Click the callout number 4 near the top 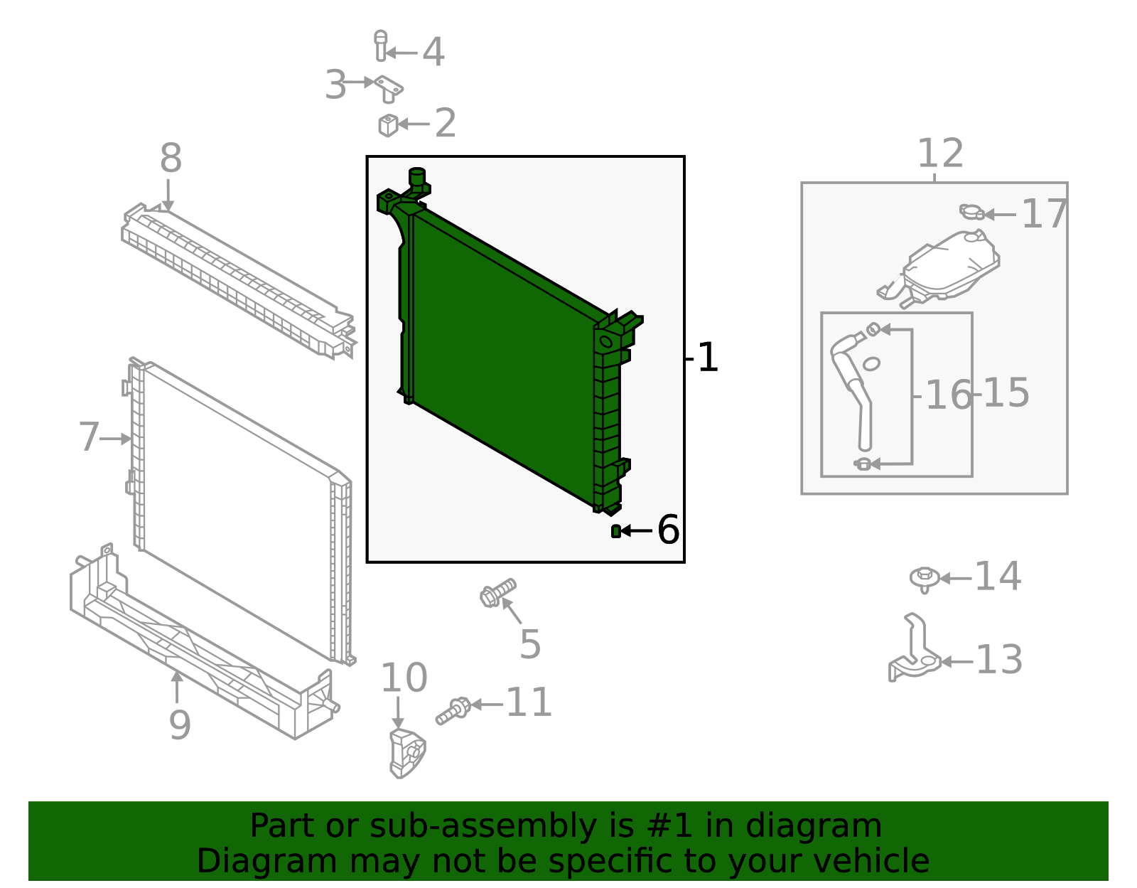pos(433,53)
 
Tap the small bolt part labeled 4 pos(381,46)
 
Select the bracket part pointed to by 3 pos(389,89)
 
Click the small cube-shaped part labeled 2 pos(387,125)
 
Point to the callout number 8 pos(171,159)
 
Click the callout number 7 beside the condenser pos(89,437)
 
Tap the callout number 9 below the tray pos(180,725)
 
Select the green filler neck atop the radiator pos(416,178)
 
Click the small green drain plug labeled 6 pos(615,531)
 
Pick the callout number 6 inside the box pos(668,530)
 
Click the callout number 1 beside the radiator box pos(708,358)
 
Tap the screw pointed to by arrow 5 pos(497,593)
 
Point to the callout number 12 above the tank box pos(939,154)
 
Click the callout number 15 pos(1006,393)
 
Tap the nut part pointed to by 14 pos(924,577)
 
